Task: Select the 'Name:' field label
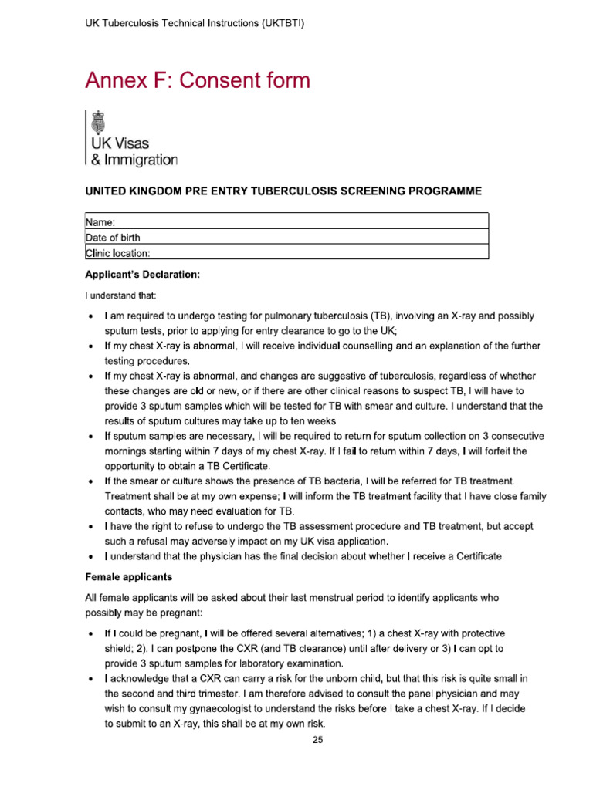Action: (100, 222)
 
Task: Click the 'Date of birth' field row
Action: (286, 237)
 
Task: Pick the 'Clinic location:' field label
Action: (117, 252)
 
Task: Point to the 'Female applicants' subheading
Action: (128, 576)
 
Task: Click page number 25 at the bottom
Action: (318, 740)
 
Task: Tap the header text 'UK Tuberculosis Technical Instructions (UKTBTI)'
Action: (194, 24)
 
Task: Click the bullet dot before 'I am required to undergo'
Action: (92, 317)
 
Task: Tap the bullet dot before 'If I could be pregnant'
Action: (92, 633)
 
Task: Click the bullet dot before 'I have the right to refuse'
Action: (92, 526)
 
